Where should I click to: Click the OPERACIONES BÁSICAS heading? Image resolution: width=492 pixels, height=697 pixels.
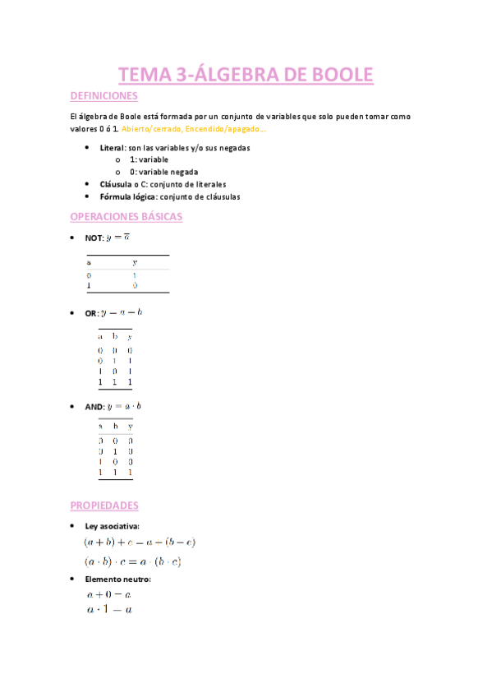[x=126, y=217]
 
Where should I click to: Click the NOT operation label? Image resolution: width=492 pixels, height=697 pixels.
[x=94, y=238]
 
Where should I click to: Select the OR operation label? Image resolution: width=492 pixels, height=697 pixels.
[x=92, y=313]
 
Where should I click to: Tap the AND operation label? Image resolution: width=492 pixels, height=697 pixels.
[x=94, y=407]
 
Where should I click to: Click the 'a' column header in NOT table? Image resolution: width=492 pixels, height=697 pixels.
[x=90, y=262]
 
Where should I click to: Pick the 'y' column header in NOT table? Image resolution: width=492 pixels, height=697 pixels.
[x=135, y=262]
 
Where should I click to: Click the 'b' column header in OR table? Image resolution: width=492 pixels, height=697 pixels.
[x=115, y=337]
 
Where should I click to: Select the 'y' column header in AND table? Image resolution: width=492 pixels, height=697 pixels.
[x=130, y=427]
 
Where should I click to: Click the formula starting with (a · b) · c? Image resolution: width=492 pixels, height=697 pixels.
[x=132, y=562]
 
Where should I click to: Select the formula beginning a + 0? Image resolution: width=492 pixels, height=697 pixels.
[x=110, y=594]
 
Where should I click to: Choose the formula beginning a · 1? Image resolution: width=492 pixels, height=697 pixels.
[x=110, y=610]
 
